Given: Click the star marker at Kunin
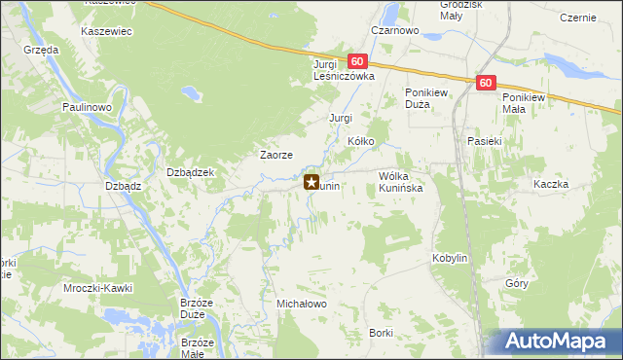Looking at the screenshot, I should [311, 181].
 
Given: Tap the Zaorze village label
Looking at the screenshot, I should [275, 154].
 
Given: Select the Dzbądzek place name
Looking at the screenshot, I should [190, 172].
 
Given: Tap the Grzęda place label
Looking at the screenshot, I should [42, 49].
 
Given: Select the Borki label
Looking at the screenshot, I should [381, 333].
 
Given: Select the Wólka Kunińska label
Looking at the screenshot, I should [399, 182].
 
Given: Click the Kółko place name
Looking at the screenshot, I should [361, 141].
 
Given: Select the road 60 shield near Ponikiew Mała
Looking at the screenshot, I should [487, 84].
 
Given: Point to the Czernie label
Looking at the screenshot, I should [577, 18].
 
